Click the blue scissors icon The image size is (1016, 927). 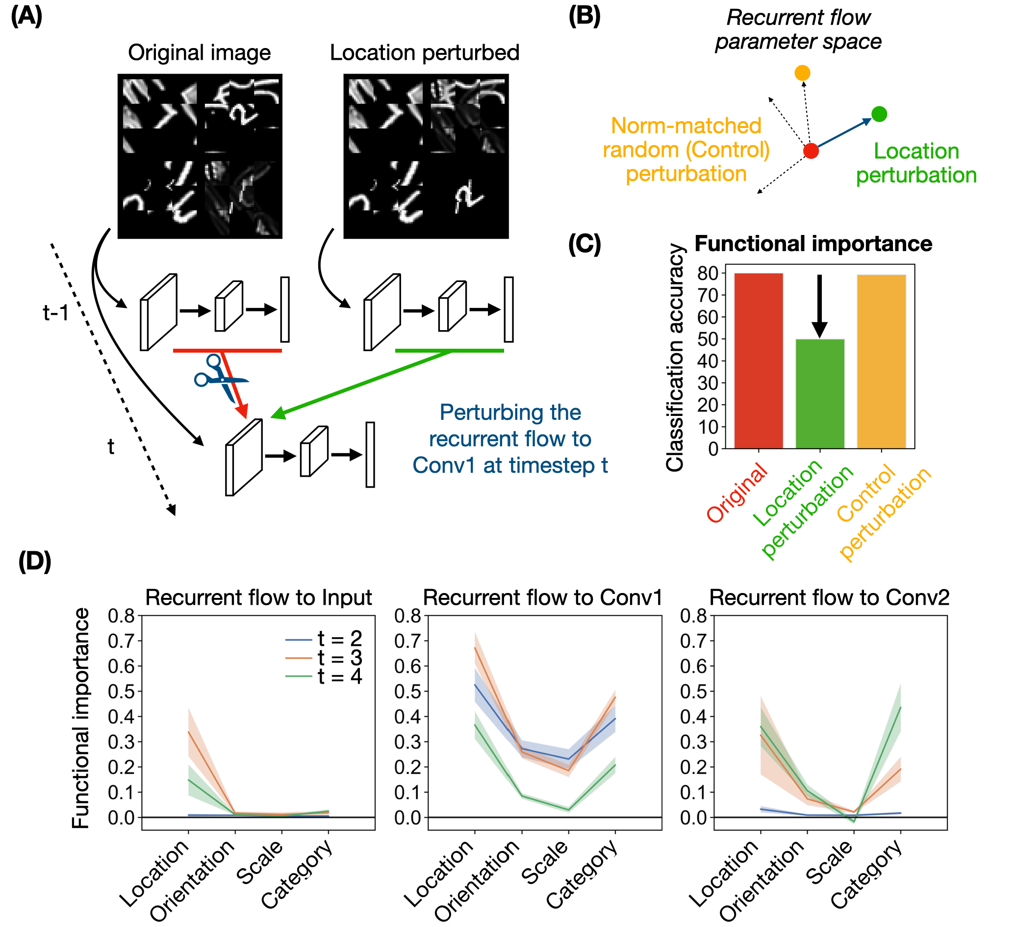click(x=220, y=378)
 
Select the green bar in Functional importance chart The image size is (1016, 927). click(x=820, y=394)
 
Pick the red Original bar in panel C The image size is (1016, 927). click(x=759, y=360)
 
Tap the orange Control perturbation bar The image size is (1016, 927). click(x=882, y=361)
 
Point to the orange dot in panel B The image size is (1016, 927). click(x=802, y=73)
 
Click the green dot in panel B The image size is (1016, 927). click(x=879, y=114)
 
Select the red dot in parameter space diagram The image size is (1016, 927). click(x=811, y=151)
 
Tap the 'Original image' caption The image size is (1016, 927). click(x=199, y=52)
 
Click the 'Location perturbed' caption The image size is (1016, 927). click(x=424, y=52)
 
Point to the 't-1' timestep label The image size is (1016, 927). click(x=55, y=312)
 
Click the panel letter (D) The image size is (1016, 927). click(x=35, y=562)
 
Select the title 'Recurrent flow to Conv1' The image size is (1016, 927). click(x=542, y=597)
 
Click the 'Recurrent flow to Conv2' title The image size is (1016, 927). click(x=830, y=597)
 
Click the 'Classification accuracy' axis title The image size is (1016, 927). click(x=675, y=358)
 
